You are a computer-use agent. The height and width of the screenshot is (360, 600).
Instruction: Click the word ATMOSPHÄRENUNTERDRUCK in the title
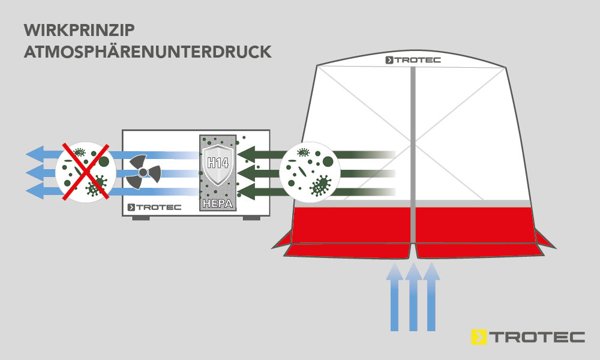[147, 52]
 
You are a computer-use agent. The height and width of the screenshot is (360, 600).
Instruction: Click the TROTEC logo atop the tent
[412, 60]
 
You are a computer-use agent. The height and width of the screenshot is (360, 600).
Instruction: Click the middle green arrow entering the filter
[258, 173]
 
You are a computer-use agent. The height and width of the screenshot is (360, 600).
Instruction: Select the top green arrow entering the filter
[258, 155]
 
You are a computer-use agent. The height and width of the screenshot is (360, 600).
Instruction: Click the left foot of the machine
[140, 217]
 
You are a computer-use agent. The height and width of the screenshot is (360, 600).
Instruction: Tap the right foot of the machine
[251, 217]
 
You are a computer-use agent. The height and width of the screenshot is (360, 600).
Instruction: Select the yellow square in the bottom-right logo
[479, 337]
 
